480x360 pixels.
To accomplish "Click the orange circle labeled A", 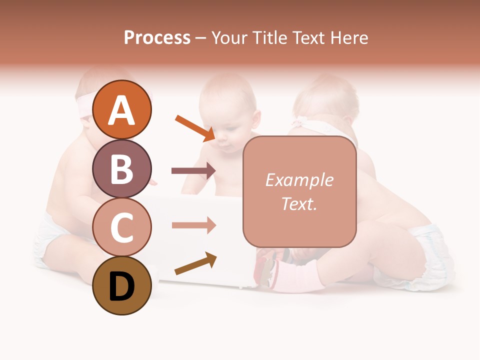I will click(121, 109).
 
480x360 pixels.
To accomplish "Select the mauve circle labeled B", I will click(121, 168).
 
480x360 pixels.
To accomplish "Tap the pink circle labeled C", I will click(121, 227).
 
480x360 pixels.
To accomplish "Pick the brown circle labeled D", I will click(121, 286).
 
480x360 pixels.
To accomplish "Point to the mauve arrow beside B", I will click(193, 171).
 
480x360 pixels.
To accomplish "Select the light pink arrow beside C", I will click(193, 225).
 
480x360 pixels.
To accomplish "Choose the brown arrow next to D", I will click(195, 263).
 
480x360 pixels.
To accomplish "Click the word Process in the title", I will click(157, 37).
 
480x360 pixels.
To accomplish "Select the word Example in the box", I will click(299, 180).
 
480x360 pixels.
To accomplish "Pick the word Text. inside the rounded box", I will click(299, 203).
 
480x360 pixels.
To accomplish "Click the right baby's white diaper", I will click(430, 255).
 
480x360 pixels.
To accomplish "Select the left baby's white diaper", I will click(50, 235).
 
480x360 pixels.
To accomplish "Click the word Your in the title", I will click(229, 37).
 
